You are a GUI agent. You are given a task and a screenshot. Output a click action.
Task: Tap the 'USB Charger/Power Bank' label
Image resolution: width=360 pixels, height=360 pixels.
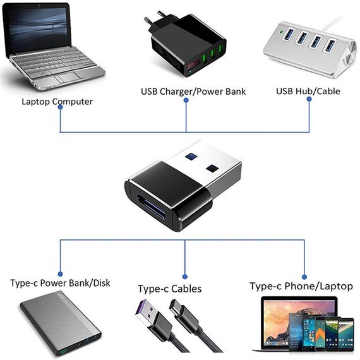coord(193,92)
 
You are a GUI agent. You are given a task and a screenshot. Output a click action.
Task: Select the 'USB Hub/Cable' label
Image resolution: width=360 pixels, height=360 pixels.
coord(308,91)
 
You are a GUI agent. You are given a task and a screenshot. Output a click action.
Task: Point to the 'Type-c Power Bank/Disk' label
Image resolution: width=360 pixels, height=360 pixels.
coord(60,283)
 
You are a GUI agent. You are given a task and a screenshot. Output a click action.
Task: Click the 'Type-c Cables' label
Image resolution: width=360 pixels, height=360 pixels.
coord(169,289)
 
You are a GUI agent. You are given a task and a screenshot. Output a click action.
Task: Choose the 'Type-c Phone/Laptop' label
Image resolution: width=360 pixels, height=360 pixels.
coord(301,286)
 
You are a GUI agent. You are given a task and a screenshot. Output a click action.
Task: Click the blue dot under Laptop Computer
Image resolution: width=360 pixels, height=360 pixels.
coord(60,108)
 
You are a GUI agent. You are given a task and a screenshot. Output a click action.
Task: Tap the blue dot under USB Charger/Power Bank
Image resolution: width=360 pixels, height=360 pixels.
coord(186,99)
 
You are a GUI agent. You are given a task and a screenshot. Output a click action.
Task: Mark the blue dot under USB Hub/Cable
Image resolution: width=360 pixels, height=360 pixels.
coord(309,99)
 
